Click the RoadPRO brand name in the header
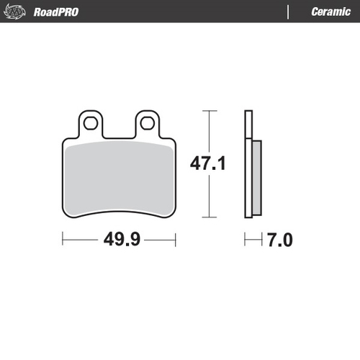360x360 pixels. click(56, 12)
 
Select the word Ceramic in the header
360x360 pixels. click(330, 12)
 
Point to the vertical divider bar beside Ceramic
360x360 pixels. click(288, 12)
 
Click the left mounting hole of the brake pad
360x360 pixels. click(91, 123)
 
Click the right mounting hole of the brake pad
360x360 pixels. click(148, 123)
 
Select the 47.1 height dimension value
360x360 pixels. click(208, 164)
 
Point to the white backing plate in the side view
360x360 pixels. click(248, 162)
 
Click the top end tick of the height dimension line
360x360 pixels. click(209, 111)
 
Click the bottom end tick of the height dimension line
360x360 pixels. click(209, 217)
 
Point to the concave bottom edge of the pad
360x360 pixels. click(119, 210)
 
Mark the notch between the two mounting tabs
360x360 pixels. click(119, 135)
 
